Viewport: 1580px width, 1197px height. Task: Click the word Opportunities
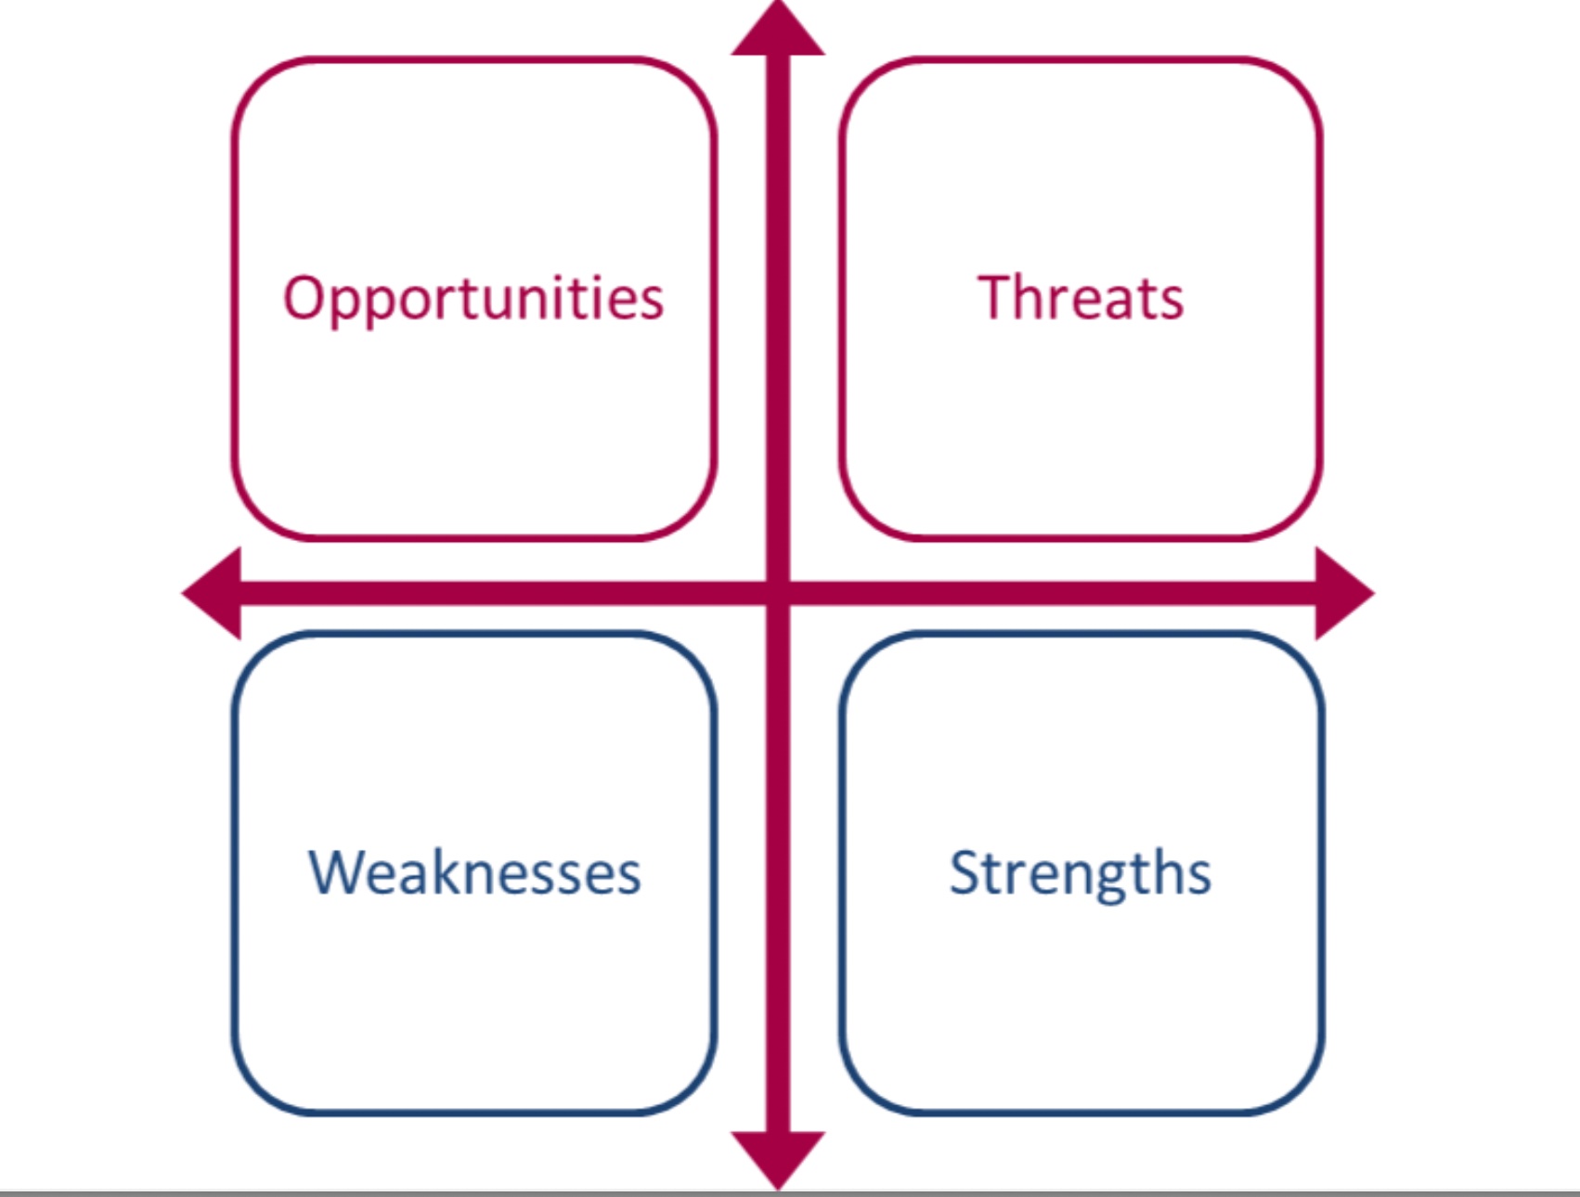coord(473,299)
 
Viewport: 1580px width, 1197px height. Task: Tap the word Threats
coord(1081,298)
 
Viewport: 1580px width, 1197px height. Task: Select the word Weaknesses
coord(474,872)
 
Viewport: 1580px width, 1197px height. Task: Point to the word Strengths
coord(1081,874)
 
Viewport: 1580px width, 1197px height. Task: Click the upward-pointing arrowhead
coord(778,30)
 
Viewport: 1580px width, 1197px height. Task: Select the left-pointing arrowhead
coord(212,593)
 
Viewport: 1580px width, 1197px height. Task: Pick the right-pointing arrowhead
coord(1345,593)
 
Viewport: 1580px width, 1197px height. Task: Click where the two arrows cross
coord(778,593)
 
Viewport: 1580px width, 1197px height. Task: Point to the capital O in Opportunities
coord(306,298)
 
